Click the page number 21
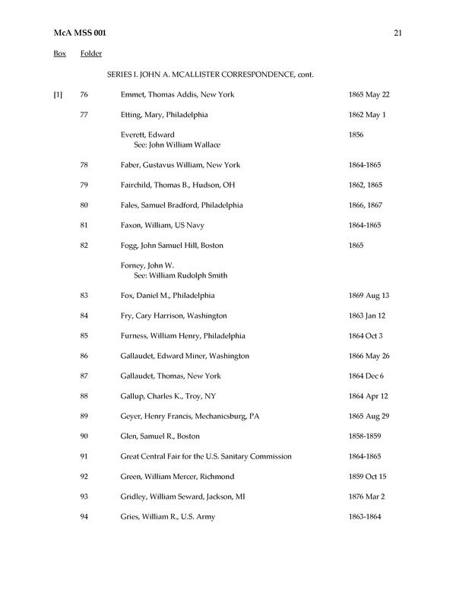click(397, 33)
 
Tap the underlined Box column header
click(59, 54)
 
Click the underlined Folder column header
click(91, 54)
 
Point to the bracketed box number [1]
click(58, 95)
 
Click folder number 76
click(84, 95)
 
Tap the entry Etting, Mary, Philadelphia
click(164, 115)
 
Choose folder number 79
click(84, 185)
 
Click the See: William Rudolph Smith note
click(180, 275)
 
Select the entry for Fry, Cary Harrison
click(173, 316)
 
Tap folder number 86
click(84, 356)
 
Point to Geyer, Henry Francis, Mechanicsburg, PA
click(190, 416)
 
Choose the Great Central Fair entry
click(206, 456)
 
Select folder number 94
click(84, 517)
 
